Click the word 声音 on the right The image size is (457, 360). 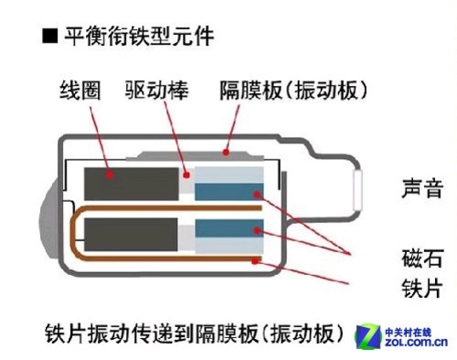click(x=422, y=190)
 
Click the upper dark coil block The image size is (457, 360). click(x=128, y=184)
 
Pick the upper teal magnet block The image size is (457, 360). click(x=227, y=191)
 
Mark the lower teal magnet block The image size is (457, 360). click(x=227, y=228)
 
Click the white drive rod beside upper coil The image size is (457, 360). click(x=186, y=182)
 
